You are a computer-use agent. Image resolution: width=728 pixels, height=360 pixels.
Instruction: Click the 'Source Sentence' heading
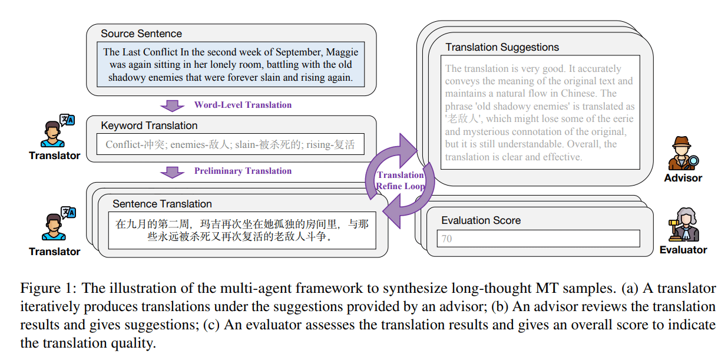point(141,34)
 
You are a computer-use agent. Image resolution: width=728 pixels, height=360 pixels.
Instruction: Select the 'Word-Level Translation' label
point(243,105)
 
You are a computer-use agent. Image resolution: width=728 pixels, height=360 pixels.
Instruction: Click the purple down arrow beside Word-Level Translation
point(172,105)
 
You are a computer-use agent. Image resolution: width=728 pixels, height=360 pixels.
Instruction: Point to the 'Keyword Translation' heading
point(149,125)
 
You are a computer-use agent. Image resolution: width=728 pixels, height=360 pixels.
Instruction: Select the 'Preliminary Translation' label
point(243,171)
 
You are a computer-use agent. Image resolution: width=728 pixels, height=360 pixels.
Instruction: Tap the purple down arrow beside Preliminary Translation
point(172,173)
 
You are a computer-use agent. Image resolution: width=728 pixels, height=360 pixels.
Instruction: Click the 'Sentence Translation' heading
point(162,204)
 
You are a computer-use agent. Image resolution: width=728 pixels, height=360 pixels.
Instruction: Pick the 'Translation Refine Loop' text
point(401,180)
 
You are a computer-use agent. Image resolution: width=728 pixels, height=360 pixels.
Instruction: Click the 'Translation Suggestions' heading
point(502,47)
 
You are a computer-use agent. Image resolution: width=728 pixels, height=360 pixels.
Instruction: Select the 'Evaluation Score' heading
point(481,220)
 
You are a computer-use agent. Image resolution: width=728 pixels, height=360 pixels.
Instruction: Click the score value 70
point(447,239)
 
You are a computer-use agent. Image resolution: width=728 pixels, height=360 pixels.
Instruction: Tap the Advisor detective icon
point(683,154)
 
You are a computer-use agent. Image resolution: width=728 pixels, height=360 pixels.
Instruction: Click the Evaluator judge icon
point(683,224)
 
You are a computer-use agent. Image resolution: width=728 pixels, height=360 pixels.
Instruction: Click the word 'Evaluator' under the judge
point(683,250)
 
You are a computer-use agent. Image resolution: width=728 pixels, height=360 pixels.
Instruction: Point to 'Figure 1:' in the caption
point(48,289)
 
